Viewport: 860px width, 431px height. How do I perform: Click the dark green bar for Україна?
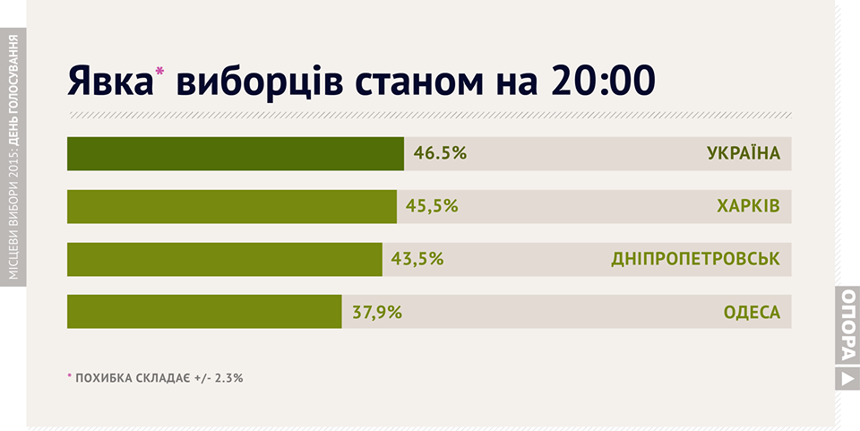(x=235, y=153)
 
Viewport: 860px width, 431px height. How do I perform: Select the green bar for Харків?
(x=231, y=206)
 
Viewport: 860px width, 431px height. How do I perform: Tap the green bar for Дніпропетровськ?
(x=224, y=259)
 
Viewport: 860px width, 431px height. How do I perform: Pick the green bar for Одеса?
(x=204, y=312)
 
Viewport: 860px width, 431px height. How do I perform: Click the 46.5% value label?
(x=440, y=153)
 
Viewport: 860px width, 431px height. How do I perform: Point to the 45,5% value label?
(x=432, y=206)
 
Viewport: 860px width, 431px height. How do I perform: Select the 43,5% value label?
(x=417, y=259)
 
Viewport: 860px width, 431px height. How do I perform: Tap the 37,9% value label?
(x=376, y=312)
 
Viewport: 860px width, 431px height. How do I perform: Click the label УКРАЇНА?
(x=744, y=153)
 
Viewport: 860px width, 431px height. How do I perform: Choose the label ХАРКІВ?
(x=748, y=206)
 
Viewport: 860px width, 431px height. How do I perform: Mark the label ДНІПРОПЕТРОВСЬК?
(x=695, y=259)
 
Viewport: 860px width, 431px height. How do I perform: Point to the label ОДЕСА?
(x=752, y=312)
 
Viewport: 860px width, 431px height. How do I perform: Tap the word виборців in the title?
(x=261, y=81)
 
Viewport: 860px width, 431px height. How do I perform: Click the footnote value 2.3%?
(x=228, y=378)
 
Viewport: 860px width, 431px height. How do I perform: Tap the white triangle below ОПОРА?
(x=847, y=379)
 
